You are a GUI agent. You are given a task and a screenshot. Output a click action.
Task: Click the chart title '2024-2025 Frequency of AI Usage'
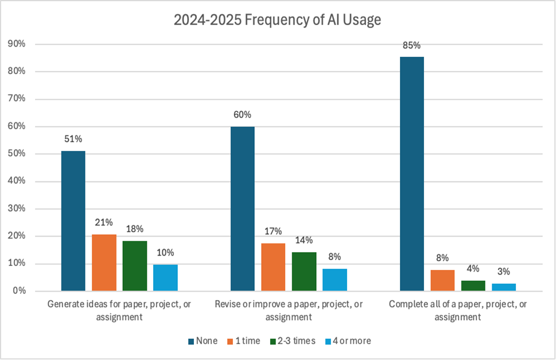tap(278, 20)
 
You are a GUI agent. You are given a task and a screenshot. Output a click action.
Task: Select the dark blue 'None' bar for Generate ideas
tap(73, 221)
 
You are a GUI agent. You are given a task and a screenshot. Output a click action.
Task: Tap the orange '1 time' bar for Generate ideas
tap(104, 262)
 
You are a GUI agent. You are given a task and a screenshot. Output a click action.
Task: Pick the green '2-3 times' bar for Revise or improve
tap(304, 272)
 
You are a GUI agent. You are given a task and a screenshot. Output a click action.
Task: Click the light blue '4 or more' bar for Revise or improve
tap(335, 280)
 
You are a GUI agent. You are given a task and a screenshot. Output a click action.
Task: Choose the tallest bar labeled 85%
tap(411, 174)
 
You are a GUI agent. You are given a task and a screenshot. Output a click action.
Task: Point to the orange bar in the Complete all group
tap(442, 280)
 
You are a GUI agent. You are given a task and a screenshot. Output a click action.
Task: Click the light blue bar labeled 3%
tap(504, 287)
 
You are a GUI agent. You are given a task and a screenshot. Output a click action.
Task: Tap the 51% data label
tap(73, 138)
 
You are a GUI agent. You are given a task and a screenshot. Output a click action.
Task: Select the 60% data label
tap(242, 114)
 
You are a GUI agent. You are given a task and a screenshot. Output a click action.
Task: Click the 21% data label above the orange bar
tap(104, 222)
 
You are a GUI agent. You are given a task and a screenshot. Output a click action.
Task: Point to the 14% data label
tap(304, 240)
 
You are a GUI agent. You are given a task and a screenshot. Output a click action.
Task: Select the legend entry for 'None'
tap(203, 341)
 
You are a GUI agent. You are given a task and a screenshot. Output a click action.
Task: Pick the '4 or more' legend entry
tap(349, 341)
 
